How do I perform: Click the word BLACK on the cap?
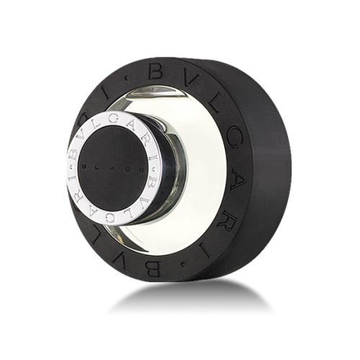point(112,168)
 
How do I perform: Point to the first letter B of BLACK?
point(84,168)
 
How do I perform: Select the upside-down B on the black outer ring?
point(153,268)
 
